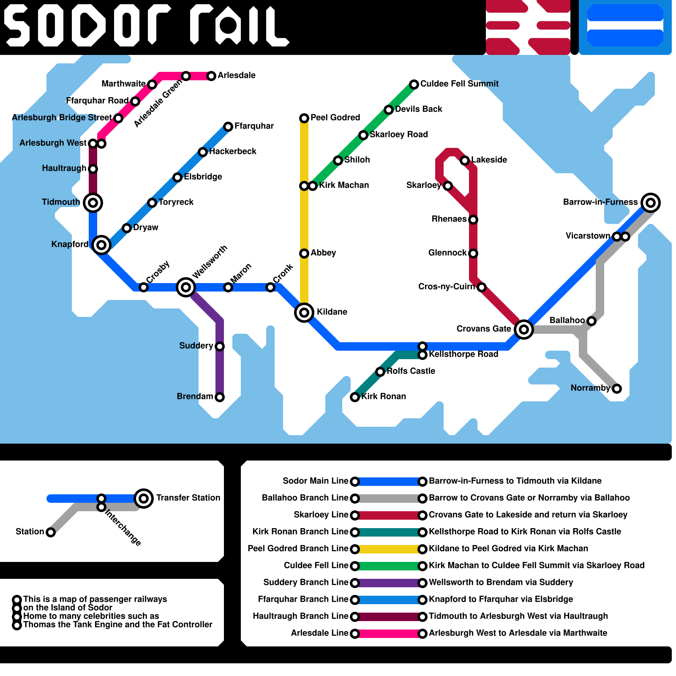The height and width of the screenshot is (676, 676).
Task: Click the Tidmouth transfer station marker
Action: coord(93,203)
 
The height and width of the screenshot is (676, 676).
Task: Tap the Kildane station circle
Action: coord(304,313)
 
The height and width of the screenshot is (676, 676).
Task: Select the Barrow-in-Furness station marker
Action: coord(651,203)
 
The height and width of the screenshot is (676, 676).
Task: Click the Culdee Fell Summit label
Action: coord(459,84)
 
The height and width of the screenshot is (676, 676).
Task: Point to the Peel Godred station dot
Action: coord(304,118)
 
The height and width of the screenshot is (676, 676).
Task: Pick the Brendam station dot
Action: coord(220,397)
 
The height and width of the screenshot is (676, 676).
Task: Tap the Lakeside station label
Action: coord(489,160)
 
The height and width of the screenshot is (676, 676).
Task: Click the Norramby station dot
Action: coord(617,389)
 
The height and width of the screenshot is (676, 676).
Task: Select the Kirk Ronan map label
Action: coord(384,396)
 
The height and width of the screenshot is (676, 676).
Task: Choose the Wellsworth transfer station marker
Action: coord(186,287)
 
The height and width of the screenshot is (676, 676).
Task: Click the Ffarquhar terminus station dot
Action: coord(228,127)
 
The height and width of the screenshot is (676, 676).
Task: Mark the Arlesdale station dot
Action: coord(211,76)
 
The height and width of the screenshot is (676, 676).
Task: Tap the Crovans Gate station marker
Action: coord(524,330)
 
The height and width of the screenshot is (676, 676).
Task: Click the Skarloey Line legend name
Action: coord(321,515)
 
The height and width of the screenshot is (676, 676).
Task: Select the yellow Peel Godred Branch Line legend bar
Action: coord(389,549)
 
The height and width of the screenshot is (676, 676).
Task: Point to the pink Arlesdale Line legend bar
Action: coord(389,634)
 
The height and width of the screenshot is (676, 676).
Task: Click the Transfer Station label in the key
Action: coord(188,498)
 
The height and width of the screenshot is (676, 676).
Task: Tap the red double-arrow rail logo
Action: coord(528,27)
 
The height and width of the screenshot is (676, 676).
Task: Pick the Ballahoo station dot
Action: coord(591,321)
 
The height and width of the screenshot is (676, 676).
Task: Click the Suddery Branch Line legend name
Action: coord(306,582)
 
